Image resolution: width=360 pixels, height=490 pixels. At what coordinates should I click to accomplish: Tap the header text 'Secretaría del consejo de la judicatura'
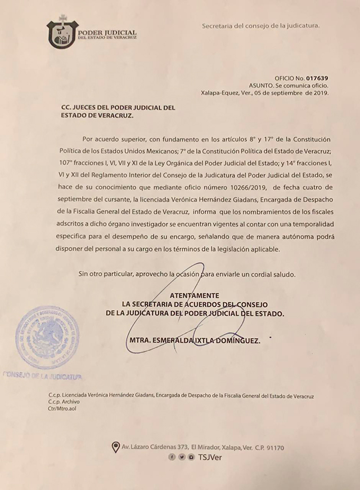260,26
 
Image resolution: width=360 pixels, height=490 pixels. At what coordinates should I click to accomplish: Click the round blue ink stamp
47,338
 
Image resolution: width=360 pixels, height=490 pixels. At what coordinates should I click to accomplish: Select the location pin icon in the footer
116,447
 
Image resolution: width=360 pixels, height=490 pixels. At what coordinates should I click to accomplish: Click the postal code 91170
273,448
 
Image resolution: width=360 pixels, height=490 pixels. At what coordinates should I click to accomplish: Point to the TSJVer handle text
209,457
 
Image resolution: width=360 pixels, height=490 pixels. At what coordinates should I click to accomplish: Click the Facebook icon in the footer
171,457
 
